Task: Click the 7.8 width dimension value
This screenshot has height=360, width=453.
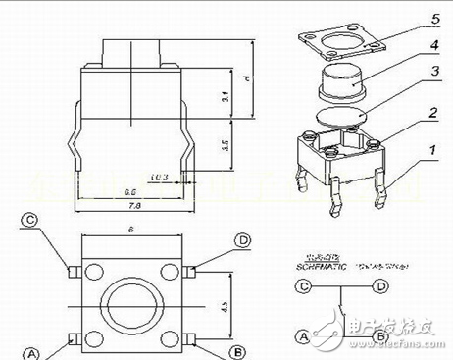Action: (x=129, y=207)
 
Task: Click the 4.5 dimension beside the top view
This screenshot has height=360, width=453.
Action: (x=226, y=306)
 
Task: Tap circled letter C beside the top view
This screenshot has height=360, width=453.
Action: (x=30, y=222)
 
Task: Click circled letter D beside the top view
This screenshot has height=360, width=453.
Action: (x=241, y=240)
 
